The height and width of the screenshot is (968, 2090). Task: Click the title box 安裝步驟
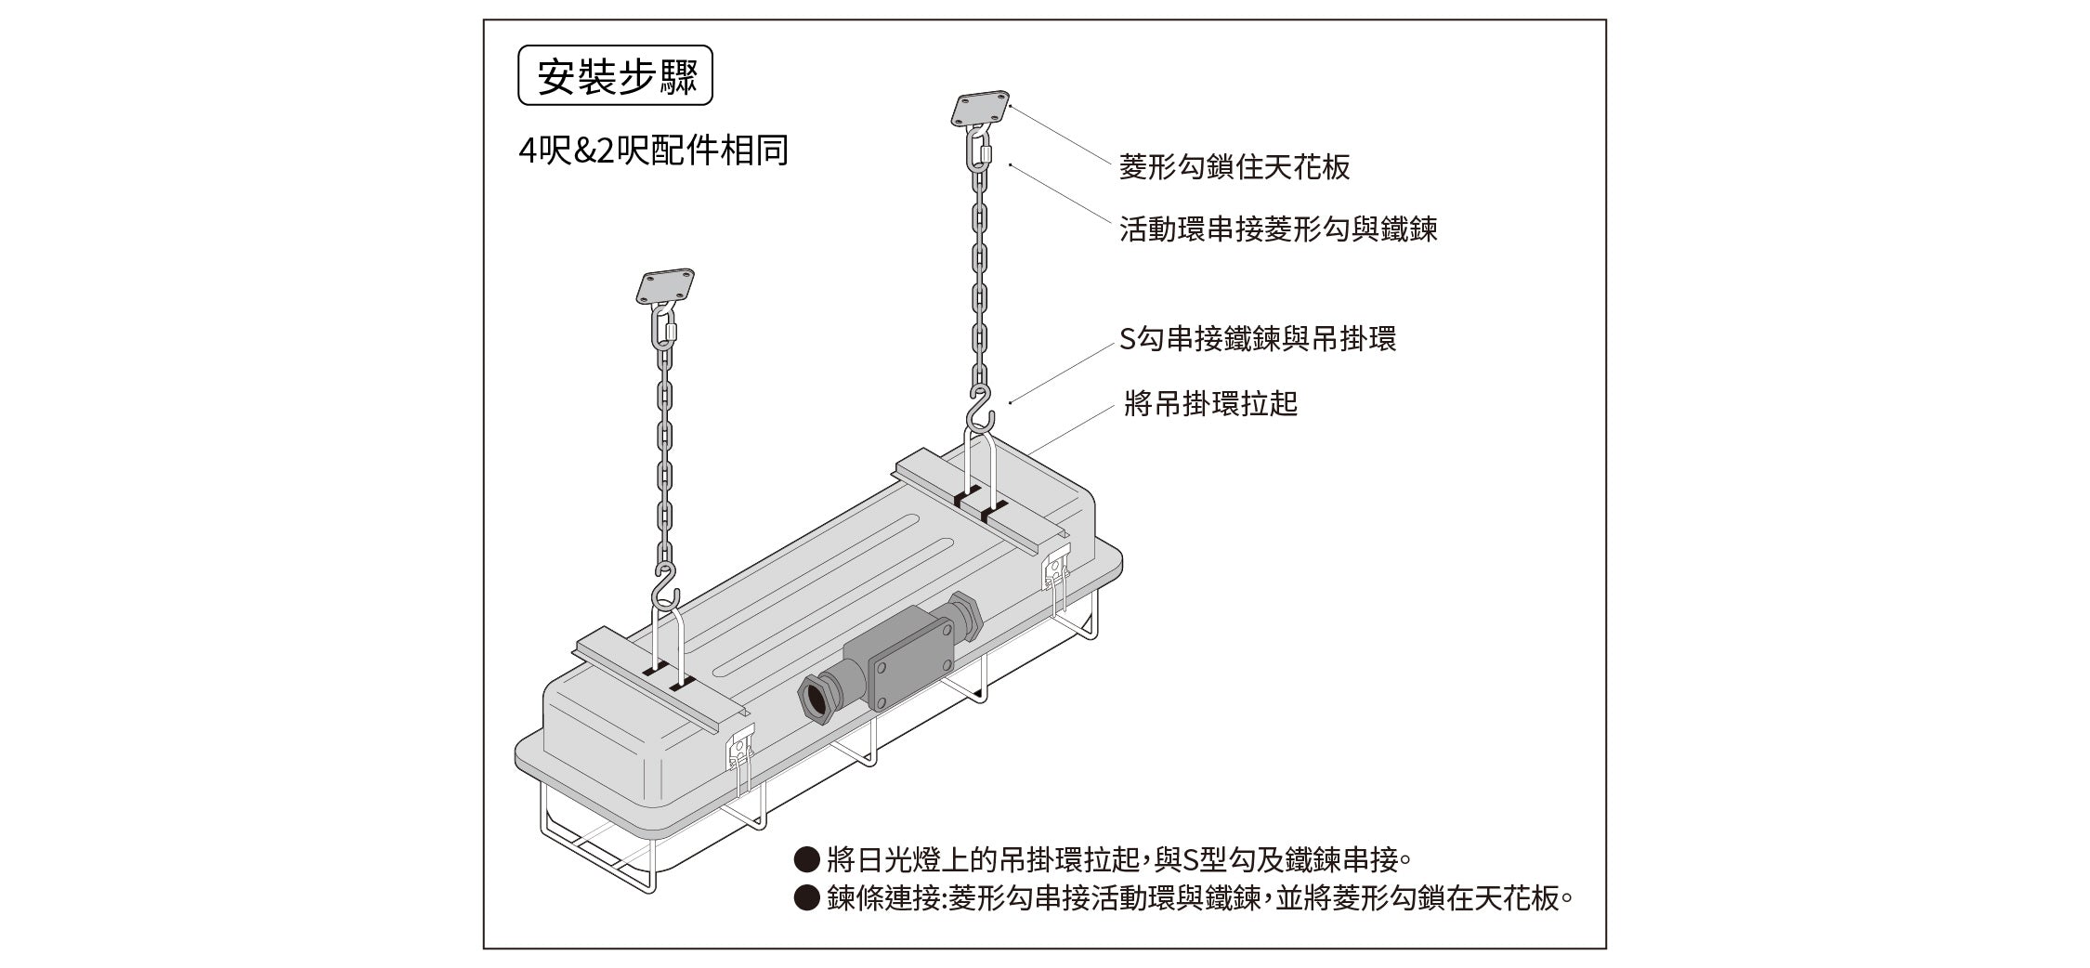[614, 75]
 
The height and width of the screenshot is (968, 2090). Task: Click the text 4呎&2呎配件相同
[654, 150]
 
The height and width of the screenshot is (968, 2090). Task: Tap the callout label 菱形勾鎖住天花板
[1234, 167]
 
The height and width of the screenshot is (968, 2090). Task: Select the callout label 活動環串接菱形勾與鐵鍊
[1278, 229]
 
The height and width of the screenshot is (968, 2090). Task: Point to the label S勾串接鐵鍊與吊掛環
[1258, 339]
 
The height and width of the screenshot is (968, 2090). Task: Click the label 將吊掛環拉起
[1210, 404]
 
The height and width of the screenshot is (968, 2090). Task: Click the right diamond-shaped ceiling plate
[980, 108]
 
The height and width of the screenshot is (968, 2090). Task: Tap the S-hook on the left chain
[666, 587]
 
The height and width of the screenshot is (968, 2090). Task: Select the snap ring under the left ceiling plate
[664, 328]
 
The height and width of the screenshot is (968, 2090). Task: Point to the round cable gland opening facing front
[815, 698]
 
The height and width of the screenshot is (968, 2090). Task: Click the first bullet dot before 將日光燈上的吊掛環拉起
[806, 859]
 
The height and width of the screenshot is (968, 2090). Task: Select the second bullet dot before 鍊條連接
[806, 898]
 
